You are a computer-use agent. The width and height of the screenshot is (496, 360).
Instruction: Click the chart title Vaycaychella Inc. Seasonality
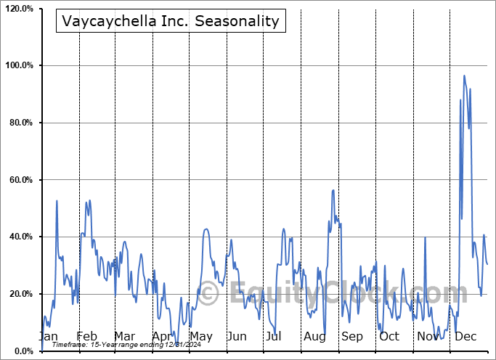click(171, 20)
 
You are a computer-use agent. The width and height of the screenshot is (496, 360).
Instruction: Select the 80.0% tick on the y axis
click(20, 123)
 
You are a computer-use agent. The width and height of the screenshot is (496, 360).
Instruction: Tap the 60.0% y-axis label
click(20, 180)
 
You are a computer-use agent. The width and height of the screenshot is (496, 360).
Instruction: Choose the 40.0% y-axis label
click(20, 237)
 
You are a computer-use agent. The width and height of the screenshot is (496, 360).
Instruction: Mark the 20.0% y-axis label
click(20, 294)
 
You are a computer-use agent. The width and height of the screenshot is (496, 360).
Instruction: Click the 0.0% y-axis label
click(23, 351)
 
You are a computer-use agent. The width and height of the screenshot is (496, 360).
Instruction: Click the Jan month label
click(48, 337)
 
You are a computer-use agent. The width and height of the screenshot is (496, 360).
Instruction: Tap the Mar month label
click(123, 337)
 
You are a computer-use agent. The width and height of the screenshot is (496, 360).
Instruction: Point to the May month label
click(200, 337)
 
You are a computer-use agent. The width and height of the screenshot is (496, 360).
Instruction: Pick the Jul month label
click(274, 337)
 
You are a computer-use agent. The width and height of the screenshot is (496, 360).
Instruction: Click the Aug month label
click(314, 337)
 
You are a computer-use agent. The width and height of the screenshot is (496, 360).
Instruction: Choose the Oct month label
click(389, 337)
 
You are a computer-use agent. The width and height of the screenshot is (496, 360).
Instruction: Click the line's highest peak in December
click(464, 75)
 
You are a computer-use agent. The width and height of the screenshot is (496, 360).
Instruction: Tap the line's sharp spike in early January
click(57, 201)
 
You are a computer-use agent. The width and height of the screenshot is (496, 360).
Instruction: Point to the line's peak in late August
click(333, 190)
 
